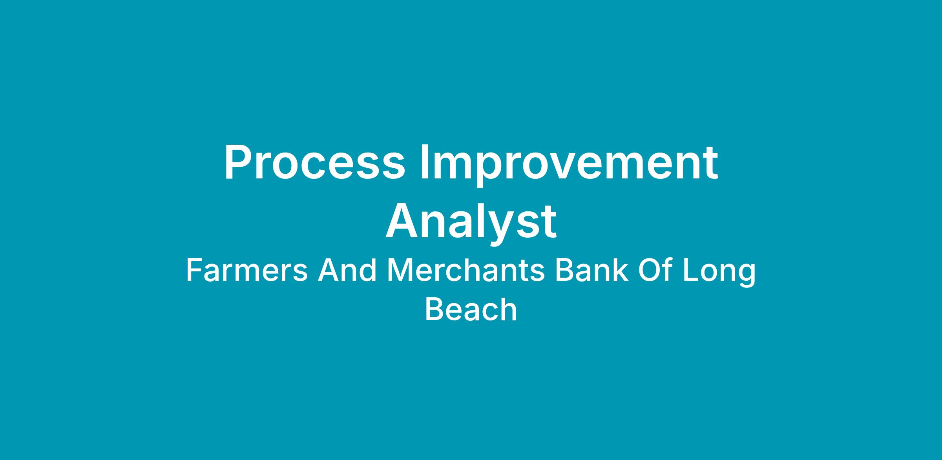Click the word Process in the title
314,162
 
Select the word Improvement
568,165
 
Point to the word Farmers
247,271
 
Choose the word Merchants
466,271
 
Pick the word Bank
592,271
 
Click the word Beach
471,309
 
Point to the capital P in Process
238,162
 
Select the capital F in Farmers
194,271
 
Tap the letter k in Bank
621,271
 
